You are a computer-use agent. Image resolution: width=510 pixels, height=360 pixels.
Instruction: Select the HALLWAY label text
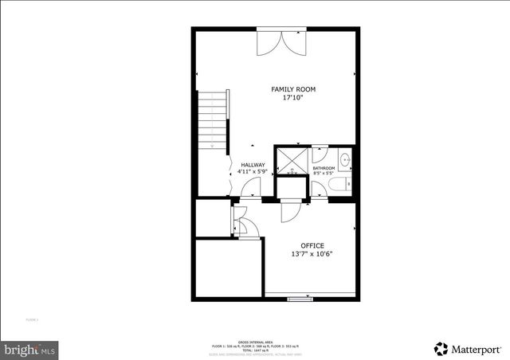[x=253, y=165]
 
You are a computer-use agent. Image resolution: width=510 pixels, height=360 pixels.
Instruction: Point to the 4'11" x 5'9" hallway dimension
[x=253, y=173]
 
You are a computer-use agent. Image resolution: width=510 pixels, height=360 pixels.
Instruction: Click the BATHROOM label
[x=323, y=169]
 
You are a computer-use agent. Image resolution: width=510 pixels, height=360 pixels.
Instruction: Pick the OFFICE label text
[x=312, y=245]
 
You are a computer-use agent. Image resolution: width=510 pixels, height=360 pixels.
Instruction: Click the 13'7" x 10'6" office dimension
[x=312, y=255]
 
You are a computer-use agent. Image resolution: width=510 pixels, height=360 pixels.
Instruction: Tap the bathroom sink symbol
[x=344, y=162]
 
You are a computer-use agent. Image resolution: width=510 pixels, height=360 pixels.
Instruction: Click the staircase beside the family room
[x=214, y=120]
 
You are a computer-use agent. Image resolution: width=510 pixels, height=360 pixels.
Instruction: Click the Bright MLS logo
[x=29, y=349]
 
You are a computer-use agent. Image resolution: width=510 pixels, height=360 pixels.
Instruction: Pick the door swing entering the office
[x=289, y=210]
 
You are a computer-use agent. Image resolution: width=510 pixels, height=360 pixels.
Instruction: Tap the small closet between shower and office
[x=291, y=188]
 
